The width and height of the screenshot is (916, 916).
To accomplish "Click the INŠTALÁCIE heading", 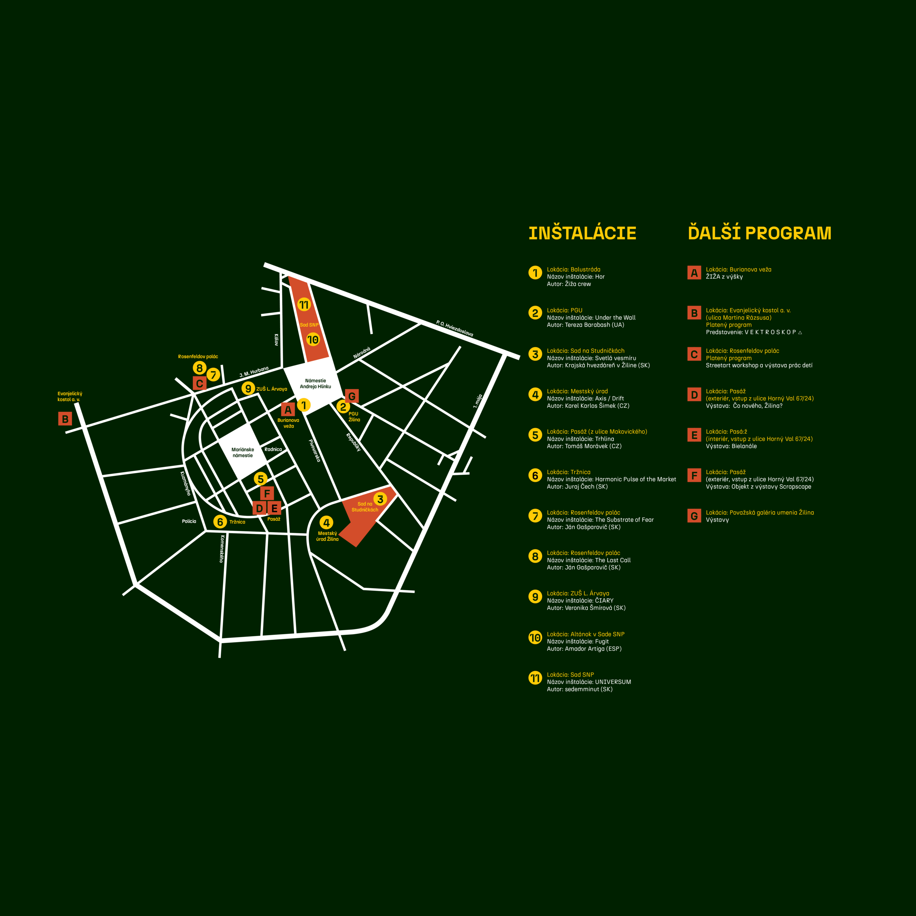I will pos(582,233).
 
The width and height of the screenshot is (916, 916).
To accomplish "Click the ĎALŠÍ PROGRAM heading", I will pos(760,233).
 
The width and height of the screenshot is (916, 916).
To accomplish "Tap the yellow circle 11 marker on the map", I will pos(304,305).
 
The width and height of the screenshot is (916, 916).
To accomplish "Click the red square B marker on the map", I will pos(65,419).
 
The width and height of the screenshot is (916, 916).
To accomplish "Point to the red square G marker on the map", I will pos(352,396).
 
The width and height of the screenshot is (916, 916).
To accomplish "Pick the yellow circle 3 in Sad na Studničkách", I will pos(380,499).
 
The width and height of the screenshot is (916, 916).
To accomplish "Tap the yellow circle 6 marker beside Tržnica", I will pos(220,522).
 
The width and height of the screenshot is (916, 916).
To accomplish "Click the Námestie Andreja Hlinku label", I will pos(315,384).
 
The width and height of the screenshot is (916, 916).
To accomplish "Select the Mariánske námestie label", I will pos(243,452).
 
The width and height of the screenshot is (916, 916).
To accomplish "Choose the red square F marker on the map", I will pos(267,493).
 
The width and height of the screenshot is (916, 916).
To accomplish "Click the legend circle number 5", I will pos(535,435).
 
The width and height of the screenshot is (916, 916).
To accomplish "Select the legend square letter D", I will pos(694,394).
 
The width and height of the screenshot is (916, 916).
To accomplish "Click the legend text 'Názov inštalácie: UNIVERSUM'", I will pos(589,682).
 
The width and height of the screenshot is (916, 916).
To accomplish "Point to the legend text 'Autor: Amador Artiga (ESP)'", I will pos(584,649).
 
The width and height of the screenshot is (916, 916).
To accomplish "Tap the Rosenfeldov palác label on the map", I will pos(198,356).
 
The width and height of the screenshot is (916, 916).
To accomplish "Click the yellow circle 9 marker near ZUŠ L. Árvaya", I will pos(248,388).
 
